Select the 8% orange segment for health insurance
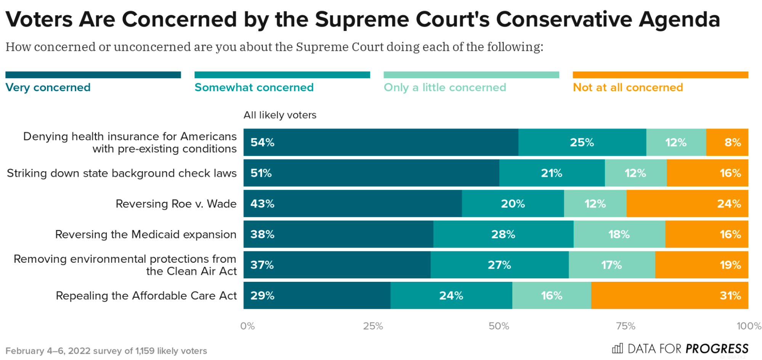click(x=727, y=142)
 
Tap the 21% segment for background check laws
click(x=552, y=173)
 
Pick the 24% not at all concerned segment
click(x=687, y=204)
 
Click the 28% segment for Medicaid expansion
click(x=503, y=234)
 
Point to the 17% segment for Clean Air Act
click(x=612, y=265)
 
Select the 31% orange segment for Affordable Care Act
click(x=669, y=296)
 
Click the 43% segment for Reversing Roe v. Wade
click(x=353, y=204)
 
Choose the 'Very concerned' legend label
click(x=48, y=87)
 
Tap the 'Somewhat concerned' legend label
click(x=254, y=87)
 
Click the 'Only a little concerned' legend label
click(x=445, y=87)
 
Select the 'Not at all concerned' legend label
click(x=628, y=87)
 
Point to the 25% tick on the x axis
click(x=373, y=326)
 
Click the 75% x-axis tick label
click(x=626, y=326)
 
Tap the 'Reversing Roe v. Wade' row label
click(x=176, y=204)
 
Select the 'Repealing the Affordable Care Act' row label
click(x=146, y=296)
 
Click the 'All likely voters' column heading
click(x=280, y=115)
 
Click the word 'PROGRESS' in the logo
click(x=717, y=349)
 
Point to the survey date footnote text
click(x=106, y=351)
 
